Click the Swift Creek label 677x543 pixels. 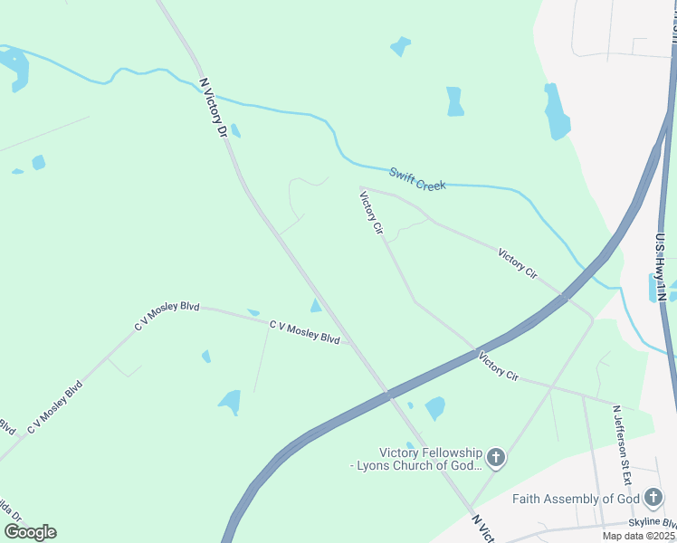coord(417,178)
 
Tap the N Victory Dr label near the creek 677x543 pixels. coord(214,108)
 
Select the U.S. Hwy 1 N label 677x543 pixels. coord(661,267)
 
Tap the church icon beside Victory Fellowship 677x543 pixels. coord(495,458)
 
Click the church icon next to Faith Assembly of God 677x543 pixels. coord(653,498)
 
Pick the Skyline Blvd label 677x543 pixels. coord(653,524)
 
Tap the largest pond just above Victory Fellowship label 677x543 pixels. coord(435,408)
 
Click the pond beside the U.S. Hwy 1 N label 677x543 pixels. coord(653,288)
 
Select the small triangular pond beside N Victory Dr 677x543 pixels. coord(315,306)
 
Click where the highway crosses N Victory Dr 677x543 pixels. coord(389,394)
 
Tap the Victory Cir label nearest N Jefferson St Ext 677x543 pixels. coord(498,365)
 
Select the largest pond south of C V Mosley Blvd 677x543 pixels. coord(230,401)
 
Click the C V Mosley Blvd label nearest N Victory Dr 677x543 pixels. coord(304,331)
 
